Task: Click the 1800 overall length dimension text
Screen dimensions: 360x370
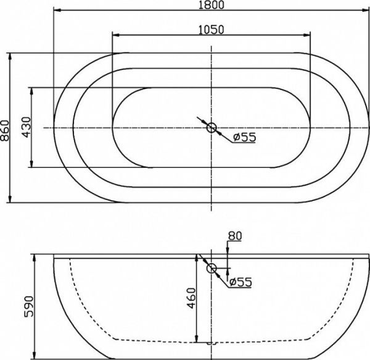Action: [211, 5]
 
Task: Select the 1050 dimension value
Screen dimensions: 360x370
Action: [211, 29]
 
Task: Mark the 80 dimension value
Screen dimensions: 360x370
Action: [234, 235]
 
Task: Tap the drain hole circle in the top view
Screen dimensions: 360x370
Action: [212, 128]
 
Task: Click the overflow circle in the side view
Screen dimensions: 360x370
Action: [212, 269]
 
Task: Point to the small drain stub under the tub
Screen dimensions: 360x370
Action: [212, 341]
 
